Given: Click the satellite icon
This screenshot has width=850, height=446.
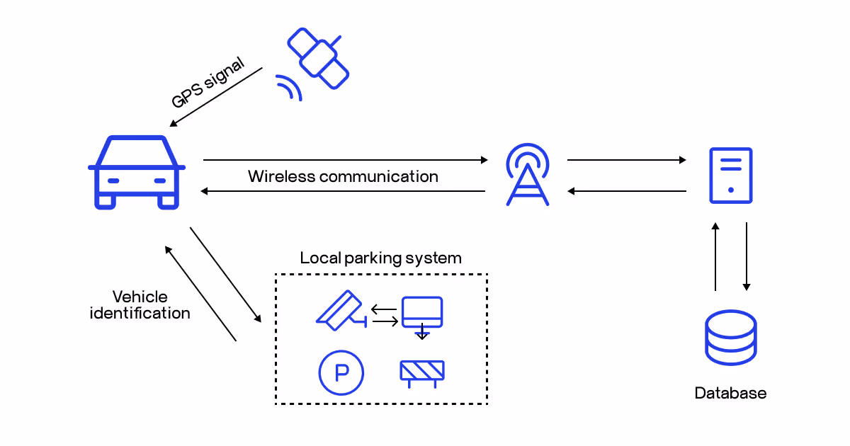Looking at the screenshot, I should pyautogui.click(x=318, y=57).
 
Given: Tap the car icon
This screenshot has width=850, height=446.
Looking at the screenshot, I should pyautogui.click(x=137, y=172).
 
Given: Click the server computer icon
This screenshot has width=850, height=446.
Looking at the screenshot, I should pyautogui.click(x=730, y=176).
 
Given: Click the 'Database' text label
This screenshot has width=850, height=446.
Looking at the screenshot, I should pyautogui.click(x=730, y=393).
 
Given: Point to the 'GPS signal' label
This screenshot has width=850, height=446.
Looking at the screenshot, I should pyautogui.click(x=208, y=84).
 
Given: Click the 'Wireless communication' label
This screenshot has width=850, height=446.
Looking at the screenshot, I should pyautogui.click(x=343, y=176).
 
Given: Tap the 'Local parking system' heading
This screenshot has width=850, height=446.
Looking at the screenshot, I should pyautogui.click(x=380, y=258).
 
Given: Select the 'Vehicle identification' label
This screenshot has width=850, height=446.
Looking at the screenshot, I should pyautogui.click(x=140, y=304).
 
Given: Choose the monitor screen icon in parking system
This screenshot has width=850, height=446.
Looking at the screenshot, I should pyautogui.click(x=422, y=312).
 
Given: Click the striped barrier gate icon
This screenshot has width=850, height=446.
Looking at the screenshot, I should pyautogui.click(x=422, y=372).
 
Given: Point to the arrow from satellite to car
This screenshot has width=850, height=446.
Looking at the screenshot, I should pyautogui.click(x=216, y=98).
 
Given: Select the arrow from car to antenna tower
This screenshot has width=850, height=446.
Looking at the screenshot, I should pyautogui.click(x=346, y=160).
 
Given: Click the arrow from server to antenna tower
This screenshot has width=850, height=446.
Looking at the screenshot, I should pyautogui.click(x=627, y=191).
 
